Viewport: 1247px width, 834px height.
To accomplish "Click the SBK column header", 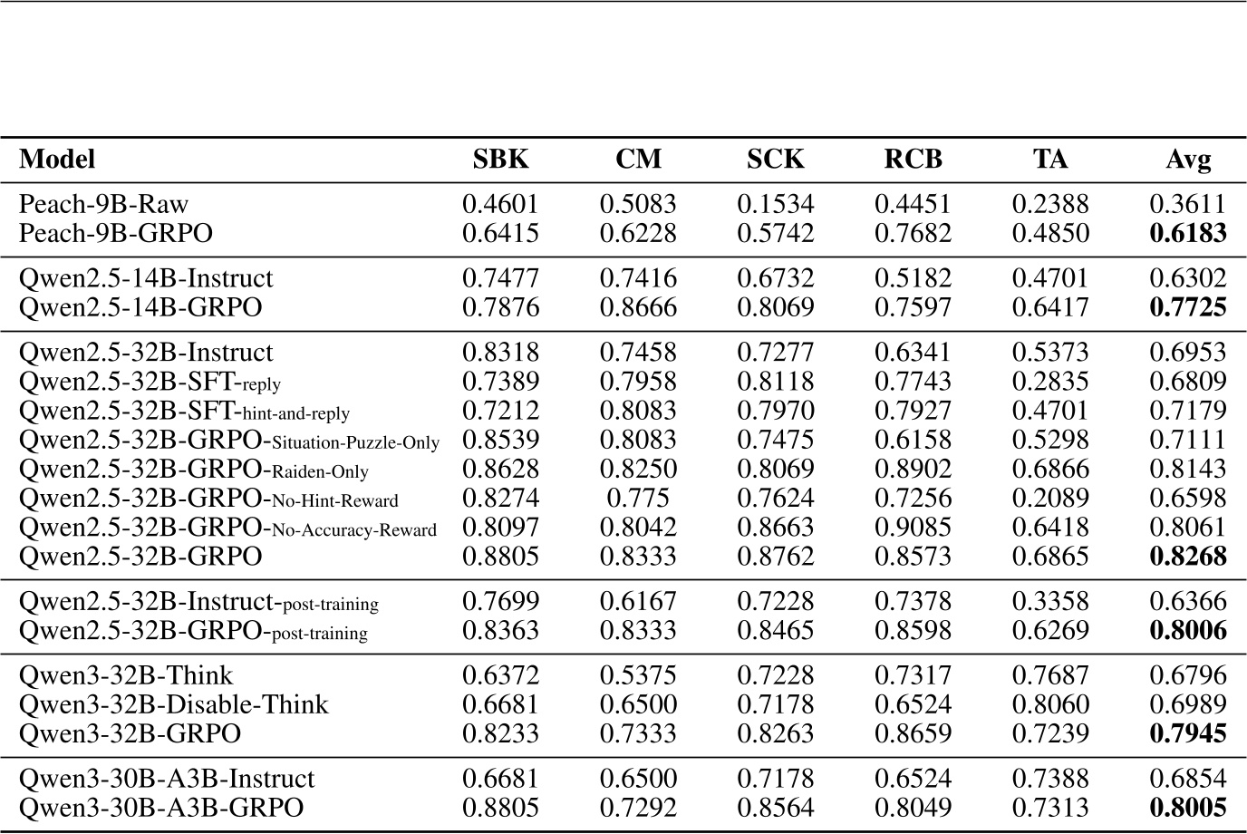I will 500,160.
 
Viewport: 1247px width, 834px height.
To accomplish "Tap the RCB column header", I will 913,160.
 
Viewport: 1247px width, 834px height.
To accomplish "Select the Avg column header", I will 1187,160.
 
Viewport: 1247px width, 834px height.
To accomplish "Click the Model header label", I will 57,160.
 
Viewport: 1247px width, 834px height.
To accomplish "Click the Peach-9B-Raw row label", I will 103,204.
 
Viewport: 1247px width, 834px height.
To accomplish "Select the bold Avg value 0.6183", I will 1187,233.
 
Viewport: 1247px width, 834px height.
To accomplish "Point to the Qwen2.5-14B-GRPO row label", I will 140,307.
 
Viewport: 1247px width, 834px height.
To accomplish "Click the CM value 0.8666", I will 638,307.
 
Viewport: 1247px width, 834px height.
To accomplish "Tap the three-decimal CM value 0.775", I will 638,499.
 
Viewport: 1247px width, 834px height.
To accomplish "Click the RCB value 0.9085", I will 913,528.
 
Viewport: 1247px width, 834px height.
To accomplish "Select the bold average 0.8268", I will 1187,556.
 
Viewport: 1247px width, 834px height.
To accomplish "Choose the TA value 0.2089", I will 1050,499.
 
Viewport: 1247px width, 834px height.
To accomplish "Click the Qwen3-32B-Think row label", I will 126,675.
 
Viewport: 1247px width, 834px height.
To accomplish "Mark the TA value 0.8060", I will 1050,704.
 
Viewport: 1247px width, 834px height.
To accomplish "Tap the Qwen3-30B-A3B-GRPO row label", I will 161,808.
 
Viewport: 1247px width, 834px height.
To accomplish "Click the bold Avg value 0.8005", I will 1187,808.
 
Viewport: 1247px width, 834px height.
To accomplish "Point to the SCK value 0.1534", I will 775,204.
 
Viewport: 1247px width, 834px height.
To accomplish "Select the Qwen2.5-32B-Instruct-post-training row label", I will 198,601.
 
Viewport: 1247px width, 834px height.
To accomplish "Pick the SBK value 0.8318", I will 500,352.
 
